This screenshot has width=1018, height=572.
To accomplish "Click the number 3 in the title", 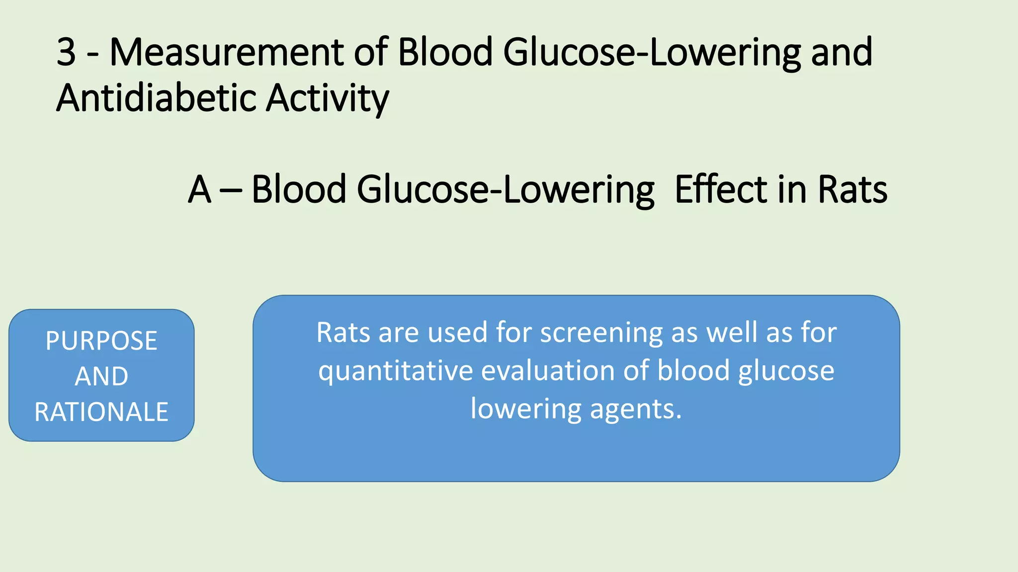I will pos(67,52).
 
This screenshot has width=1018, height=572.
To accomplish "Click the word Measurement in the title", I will pos(227,52).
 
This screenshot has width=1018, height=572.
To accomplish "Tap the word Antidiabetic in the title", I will pos(156,98).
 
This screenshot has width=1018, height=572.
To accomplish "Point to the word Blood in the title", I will pos(445,52).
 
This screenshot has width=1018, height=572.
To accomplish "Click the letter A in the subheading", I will pos(199,190).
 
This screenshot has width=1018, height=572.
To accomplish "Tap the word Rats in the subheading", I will pos(852,190).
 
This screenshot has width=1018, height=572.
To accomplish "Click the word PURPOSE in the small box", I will pos(101,341).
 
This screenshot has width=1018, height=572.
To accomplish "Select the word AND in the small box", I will pos(101,376).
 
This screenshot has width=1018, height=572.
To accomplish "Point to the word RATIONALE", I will pos(101,412).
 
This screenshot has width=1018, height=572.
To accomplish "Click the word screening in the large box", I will pos(601,333).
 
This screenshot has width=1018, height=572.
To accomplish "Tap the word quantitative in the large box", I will pos(395,371).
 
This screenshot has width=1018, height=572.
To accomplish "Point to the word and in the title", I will pos(842,52).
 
